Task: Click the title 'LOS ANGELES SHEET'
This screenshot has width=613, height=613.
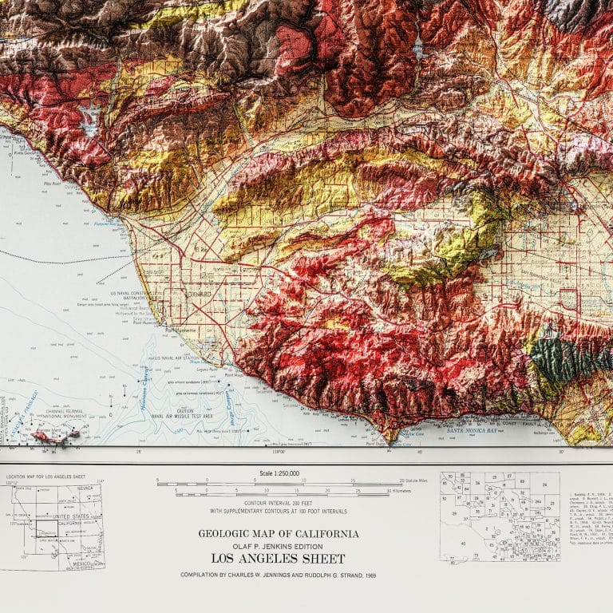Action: (278, 559)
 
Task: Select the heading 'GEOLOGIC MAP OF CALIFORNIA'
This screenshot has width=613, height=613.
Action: (278, 534)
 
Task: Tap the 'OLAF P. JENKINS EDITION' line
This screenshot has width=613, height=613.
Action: (278, 546)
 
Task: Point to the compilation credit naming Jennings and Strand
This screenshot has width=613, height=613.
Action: (278, 575)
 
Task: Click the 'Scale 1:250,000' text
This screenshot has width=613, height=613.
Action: (277, 473)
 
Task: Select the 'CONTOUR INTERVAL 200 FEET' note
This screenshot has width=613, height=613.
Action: (277, 503)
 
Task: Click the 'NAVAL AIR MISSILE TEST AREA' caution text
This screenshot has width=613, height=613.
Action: (184, 416)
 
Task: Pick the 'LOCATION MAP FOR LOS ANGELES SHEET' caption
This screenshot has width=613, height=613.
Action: (49, 477)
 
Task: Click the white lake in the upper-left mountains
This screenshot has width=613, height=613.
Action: (89, 119)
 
